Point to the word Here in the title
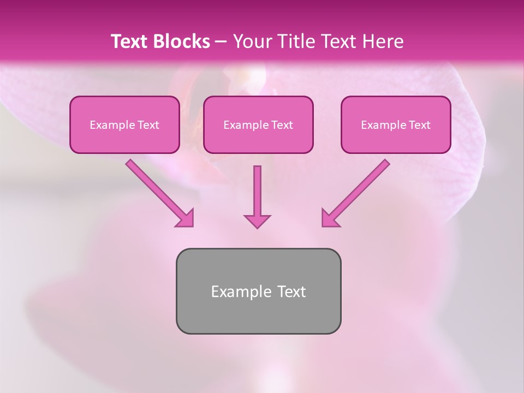384,41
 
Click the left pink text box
124,139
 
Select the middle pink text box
258,139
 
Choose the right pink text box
396,139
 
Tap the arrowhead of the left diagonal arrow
186,219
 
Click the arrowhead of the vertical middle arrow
257,221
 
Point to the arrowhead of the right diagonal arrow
330,219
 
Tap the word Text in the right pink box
420,125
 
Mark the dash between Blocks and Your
221,42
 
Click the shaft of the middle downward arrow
257,188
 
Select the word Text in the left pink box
148,125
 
